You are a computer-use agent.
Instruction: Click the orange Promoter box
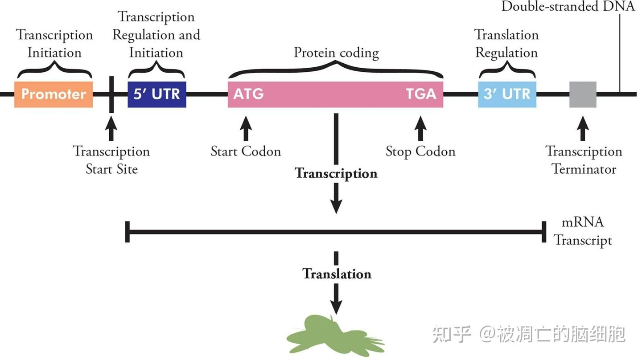pos(53,94)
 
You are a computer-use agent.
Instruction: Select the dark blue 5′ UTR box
pos(156,94)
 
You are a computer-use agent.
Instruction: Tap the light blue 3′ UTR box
pos(507,94)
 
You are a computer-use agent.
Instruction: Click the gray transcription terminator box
pos(583,94)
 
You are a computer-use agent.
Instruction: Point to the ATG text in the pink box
pos(248,94)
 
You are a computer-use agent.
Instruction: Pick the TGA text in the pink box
pos(421,94)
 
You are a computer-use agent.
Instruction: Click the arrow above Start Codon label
pos(246,128)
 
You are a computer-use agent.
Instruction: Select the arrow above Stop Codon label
pos(420,128)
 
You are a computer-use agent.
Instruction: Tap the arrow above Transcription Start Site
pos(111,128)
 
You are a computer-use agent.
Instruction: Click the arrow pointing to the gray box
pos(583,128)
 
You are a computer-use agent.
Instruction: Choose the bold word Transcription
pos(336,173)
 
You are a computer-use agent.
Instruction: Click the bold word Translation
pos(337,273)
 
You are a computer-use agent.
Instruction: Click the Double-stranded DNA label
pos(568,6)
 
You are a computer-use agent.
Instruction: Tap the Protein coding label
pos(336,53)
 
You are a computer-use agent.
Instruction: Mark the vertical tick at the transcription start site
pos(111,94)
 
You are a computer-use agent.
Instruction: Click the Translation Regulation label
pos(506,43)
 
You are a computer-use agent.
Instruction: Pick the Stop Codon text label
pos(420,151)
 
